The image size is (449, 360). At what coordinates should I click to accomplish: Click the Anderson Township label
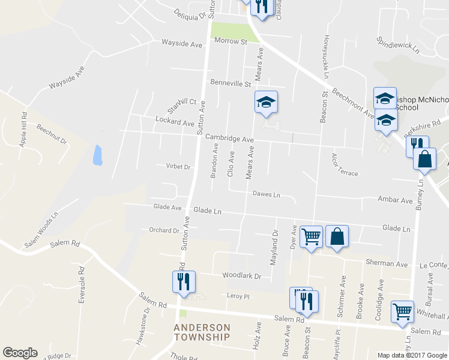pos(202,332)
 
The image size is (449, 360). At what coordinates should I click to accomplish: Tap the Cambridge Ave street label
pos(230,139)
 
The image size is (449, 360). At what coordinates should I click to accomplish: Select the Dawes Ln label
pos(266,194)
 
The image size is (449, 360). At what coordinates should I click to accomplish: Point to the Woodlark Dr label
pos(242,276)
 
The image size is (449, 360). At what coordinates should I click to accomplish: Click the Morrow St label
pos(232,42)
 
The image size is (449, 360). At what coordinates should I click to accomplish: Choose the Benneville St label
pos(230,83)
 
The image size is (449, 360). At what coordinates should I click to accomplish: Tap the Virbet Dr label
pos(178,167)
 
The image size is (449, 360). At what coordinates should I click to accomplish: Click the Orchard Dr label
pos(164,230)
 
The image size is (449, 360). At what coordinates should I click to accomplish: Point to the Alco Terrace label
pos(344,165)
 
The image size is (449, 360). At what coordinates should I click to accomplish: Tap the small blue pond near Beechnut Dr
pos(97,155)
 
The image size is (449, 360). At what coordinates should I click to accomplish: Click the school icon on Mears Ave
pos(266,103)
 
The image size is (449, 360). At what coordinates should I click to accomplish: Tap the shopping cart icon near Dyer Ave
pos(311,236)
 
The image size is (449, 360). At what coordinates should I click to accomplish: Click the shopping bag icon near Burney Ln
pos(424,159)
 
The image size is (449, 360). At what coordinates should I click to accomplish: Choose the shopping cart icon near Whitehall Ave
pos(402,311)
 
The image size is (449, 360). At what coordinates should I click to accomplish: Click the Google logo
pos(20,353)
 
